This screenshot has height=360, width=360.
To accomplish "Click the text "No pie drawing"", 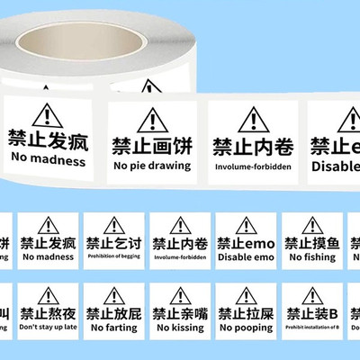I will pyautogui.click(x=151, y=165).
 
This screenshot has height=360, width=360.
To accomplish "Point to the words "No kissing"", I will pyautogui.click(x=178, y=328).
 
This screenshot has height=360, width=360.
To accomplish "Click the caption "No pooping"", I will pyautogui.click(x=245, y=328).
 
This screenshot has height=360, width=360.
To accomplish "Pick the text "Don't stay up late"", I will pyautogui.click(x=48, y=328).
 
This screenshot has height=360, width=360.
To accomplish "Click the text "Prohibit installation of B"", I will pyautogui.click(x=311, y=328).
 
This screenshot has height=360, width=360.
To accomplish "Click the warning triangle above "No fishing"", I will pyautogui.click(x=312, y=225).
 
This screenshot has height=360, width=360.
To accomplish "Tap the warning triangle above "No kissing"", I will pyautogui.click(x=179, y=296).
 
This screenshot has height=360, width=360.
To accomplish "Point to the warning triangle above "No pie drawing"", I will pyautogui.click(x=153, y=120).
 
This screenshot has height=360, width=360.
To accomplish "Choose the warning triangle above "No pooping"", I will pyautogui.click(x=246, y=296).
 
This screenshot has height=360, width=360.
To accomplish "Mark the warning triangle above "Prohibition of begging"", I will pyautogui.click(x=113, y=225).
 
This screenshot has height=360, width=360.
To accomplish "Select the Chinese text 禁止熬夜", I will pyautogui.click(x=48, y=315).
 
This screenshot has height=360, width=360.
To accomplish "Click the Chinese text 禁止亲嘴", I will pyautogui.click(x=178, y=315).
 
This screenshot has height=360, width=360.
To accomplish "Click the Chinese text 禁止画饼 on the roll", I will pyautogui.click(x=151, y=145).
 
